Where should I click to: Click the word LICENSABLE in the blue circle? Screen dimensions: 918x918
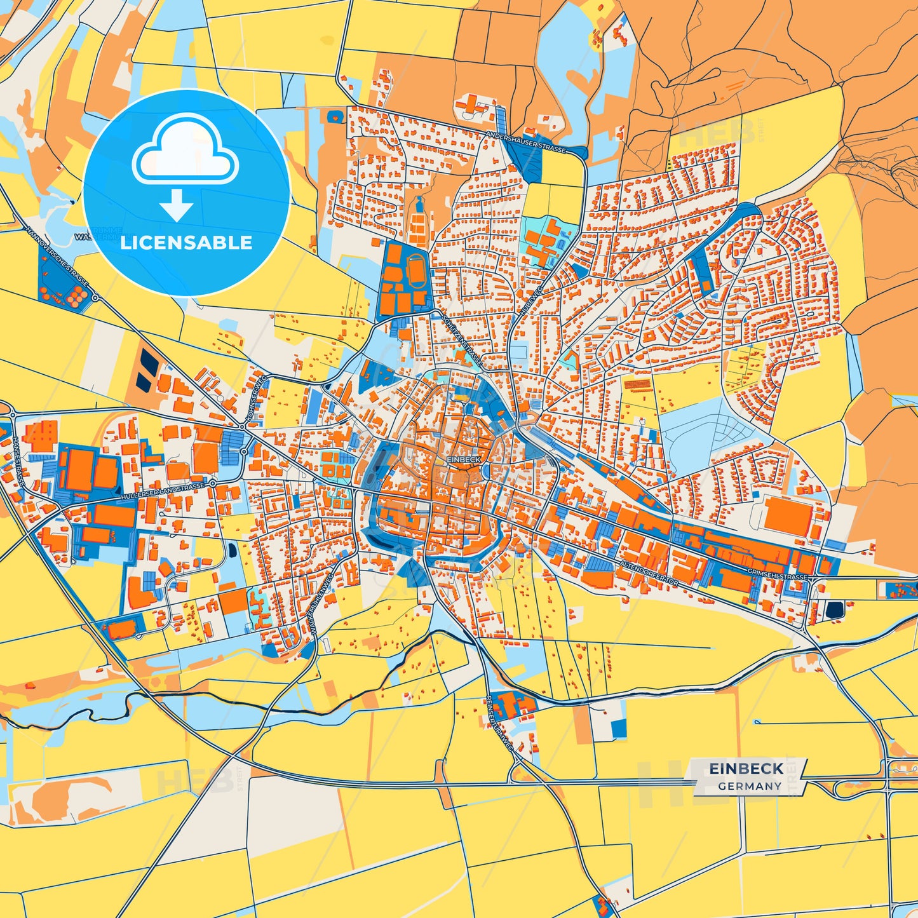pos(186,243)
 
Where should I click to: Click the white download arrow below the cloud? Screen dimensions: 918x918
pos(177,205)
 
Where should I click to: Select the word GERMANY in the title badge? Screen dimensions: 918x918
pos(750,786)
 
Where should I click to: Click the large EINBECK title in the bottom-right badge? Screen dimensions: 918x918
pos(746,769)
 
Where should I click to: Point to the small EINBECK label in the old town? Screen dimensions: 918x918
pos(464,459)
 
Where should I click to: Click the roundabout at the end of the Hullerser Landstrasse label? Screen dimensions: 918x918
pos(213,483)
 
